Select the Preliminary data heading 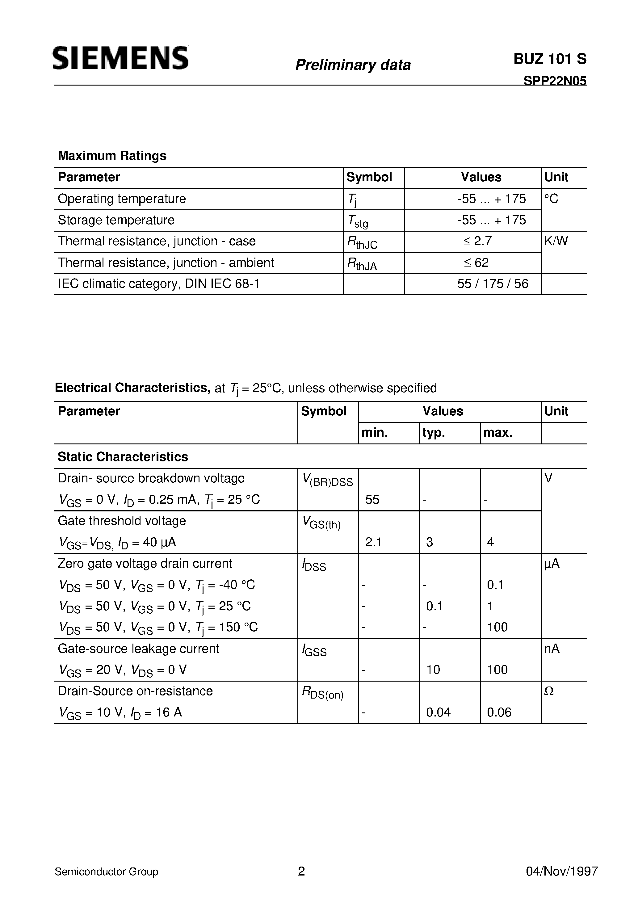pyautogui.click(x=353, y=65)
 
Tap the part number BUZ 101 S pyautogui.click(x=549, y=59)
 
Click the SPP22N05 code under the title pyautogui.click(x=555, y=80)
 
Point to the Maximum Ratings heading pyautogui.click(x=112, y=156)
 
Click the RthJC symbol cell pyautogui.click(x=362, y=242)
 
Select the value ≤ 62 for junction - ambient pyautogui.click(x=476, y=263)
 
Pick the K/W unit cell pyautogui.click(x=556, y=241)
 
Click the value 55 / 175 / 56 pyautogui.click(x=493, y=284)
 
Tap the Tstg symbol pyautogui.click(x=358, y=221)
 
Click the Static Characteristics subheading pyautogui.click(x=123, y=457)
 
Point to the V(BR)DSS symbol pyautogui.click(x=327, y=480)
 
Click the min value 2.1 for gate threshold pyautogui.click(x=373, y=542)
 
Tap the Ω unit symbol pyautogui.click(x=549, y=691)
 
